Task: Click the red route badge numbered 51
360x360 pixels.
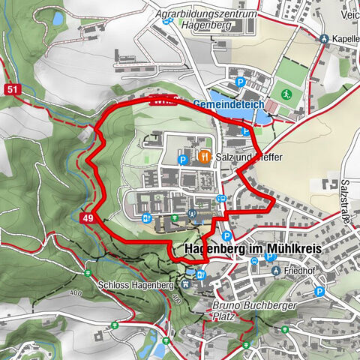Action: coord(10,89)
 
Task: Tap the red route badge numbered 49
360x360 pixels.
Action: coord(88,217)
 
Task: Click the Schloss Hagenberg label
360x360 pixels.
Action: coord(136,286)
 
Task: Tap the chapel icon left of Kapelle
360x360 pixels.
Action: coord(323,39)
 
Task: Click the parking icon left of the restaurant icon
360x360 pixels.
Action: coord(182,159)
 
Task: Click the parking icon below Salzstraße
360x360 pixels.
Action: coord(320,291)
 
